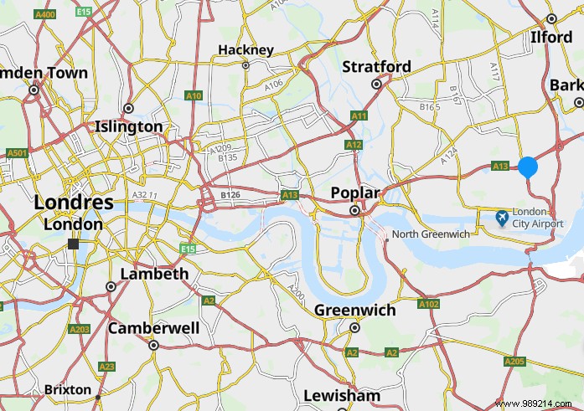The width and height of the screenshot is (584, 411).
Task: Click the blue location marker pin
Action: (528, 166)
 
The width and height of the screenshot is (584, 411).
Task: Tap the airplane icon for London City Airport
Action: (502, 218)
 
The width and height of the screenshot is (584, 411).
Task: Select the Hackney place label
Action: (245, 50)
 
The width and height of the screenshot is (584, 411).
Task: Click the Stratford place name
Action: (377, 66)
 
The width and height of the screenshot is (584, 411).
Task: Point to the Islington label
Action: (128, 126)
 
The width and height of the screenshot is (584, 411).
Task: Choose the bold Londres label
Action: (74, 203)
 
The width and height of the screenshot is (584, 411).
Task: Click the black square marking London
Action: (74, 243)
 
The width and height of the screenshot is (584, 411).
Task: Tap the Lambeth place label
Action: (154, 274)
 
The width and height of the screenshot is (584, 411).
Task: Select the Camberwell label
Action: (153, 328)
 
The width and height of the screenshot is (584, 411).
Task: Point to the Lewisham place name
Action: (341, 395)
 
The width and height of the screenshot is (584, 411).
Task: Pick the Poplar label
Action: (354, 193)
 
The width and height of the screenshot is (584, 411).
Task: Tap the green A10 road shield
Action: (194, 96)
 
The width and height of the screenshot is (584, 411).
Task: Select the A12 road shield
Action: (354, 146)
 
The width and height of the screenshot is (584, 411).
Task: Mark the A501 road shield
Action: (16, 153)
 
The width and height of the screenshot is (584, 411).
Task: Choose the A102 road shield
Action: (428, 304)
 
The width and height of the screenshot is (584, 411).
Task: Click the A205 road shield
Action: (514, 361)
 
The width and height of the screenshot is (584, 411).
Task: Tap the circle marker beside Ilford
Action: (551, 18)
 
